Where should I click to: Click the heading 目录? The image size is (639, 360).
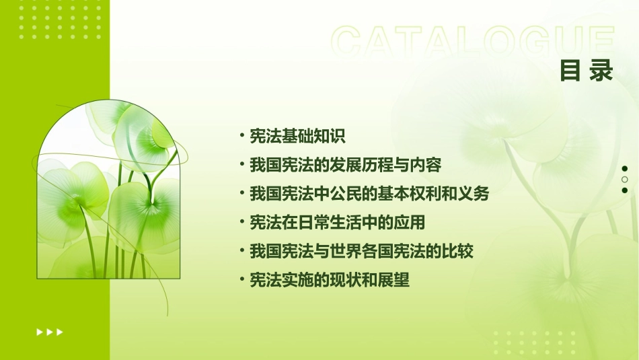click(x=587, y=70)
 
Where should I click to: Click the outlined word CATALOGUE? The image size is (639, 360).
click(x=474, y=42)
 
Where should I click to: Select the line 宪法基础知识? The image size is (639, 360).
click(x=297, y=136)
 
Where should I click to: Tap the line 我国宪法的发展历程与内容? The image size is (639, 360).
click(x=345, y=165)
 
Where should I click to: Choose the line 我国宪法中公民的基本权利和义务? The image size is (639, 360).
click(x=369, y=194)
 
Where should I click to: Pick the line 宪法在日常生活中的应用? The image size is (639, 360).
click(x=337, y=222)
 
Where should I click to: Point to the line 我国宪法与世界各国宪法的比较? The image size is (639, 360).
click(x=361, y=251)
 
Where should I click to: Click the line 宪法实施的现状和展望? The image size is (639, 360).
click(x=329, y=280)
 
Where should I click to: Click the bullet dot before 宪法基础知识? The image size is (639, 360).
click(x=241, y=136)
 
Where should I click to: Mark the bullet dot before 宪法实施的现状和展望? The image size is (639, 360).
click(x=241, y=279)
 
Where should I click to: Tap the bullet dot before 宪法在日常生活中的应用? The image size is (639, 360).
click(x=241, y=222)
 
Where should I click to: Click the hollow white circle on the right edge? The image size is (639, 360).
click(x=625, y=180)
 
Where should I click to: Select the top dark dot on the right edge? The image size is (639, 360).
click(x=625, y=168)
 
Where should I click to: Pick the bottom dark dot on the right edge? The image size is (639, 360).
click(x=625, y=190)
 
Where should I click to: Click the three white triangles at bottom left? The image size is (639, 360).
click(x=50, y=332)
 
